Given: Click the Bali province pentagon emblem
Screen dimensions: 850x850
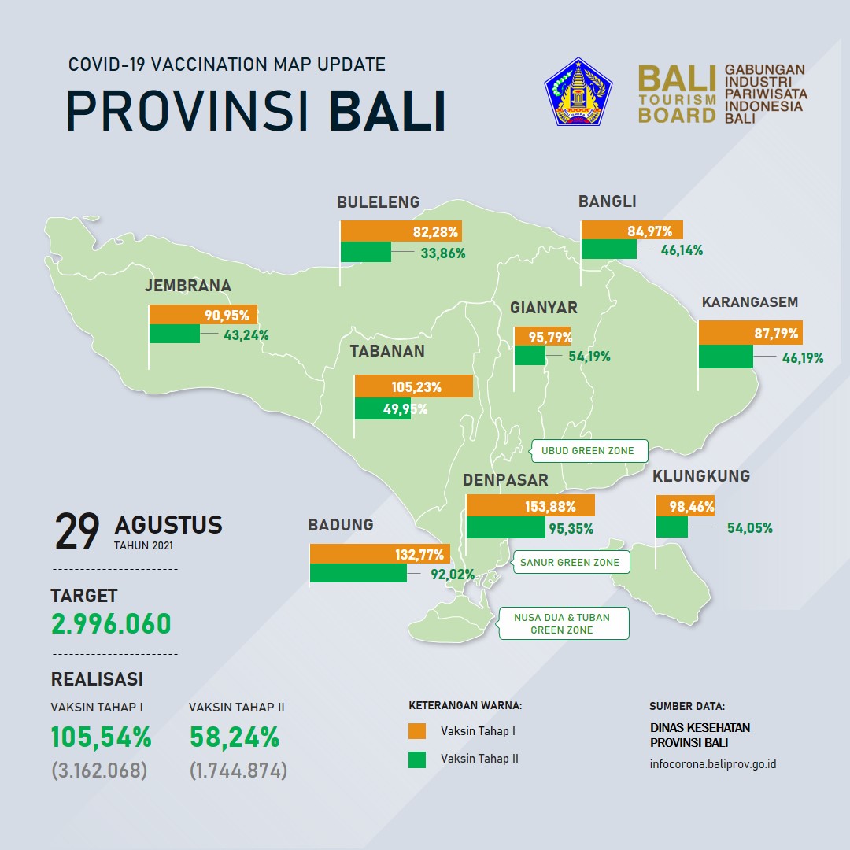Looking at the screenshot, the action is pos(578,92).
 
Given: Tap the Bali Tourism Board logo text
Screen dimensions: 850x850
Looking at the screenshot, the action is pos(677,94).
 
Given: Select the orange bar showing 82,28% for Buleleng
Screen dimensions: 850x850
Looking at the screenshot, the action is pos(401,231).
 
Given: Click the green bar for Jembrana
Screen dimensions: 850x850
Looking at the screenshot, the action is pos(175,334).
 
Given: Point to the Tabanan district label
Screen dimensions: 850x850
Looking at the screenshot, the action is pos(387,351).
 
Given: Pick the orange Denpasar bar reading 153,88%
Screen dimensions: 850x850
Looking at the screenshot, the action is pos(530,506).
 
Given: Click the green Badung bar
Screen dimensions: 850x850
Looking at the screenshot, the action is pos(358,573).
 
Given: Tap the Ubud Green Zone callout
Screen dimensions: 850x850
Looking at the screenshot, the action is pos(589,451).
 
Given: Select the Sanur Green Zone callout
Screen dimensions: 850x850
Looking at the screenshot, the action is pos(570,562).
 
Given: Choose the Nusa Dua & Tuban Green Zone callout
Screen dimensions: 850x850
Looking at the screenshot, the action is pos(563,623).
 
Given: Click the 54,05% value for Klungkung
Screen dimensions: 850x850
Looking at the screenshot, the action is pos(750,528).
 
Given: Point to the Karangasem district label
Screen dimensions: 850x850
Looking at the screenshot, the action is pos(750,302).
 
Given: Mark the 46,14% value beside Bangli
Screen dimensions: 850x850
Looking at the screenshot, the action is pos(682,250).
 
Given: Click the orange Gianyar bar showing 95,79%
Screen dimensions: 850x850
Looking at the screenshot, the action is pos(542,336).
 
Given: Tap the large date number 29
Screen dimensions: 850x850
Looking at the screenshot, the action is pos(77,531).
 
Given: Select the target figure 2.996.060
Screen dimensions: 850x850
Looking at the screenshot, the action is pos(111,624).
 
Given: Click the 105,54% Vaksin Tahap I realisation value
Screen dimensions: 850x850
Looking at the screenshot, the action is pos(101,737).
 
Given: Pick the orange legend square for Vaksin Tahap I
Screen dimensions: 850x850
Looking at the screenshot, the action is pos(417,730).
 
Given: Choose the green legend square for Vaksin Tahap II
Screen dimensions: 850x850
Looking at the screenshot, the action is pos(417,759).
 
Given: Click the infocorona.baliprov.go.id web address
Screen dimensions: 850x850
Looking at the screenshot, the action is pos(713,764).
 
